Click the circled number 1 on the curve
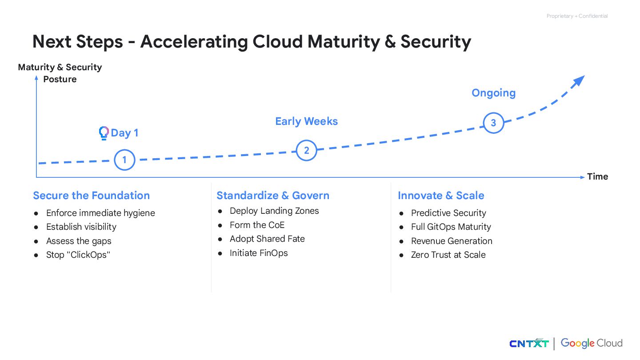click(x=124, y=160)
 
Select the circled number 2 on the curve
click(x=306, y=150)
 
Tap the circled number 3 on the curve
click(x=493, y=123)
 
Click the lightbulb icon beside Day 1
click(x=104, y=133)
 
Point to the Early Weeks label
click(x=306, y=121)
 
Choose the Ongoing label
click(x=493, y=93)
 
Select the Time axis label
click(x=597, y=176)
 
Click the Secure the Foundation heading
click(x=91, y=196)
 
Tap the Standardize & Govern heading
click(x=273, y=196)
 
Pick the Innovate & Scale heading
click(x=441, y=196)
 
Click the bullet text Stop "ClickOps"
click(x=77, y=255)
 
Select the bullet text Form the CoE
click(x=257, y=225)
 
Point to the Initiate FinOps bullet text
click(x=259, y=253)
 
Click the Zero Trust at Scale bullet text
click(x=448, y=255)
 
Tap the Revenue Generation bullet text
click(x=452, y=241)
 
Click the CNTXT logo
click(x=529, y=343)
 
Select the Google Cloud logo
click(x=592, y=343)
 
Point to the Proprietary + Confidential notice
click(x=577, y=16)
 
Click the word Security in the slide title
click(x=436, y=42)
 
